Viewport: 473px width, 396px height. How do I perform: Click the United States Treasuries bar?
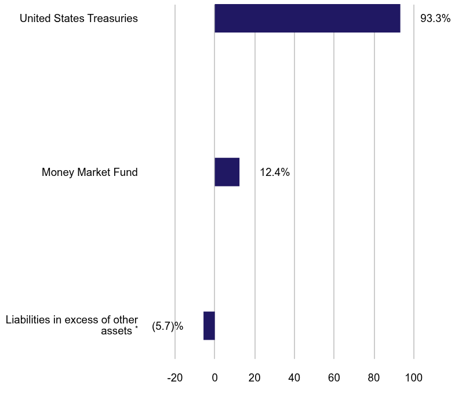[307, 18]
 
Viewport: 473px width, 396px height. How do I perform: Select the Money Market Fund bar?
[227, 172]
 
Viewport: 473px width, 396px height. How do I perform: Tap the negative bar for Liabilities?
[209, 326]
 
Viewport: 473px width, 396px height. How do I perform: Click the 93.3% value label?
[435, 19]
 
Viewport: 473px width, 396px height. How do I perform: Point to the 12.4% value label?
[275, 172]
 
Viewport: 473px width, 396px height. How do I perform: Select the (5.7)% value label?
[168, 326]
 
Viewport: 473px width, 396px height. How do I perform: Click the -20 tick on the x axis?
[174, 378]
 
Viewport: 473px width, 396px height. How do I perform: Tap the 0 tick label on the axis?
[214, 378]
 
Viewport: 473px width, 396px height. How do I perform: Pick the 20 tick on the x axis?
[254, 378]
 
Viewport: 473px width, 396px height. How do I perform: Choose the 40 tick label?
[294, 378]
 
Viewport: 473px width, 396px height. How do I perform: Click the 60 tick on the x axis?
[334, 378]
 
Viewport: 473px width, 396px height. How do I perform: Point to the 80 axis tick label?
[374, 378]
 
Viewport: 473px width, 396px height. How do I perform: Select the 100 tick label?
[414, 378]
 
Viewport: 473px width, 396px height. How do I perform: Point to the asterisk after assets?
[136, 329]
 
